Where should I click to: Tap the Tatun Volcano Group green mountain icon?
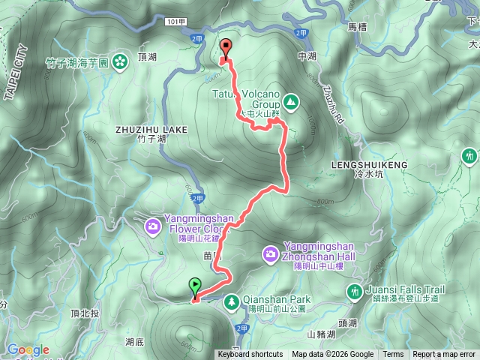click(289, 101)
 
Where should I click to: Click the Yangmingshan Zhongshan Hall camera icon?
click(270, 255)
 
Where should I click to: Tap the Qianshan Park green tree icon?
click(232, 301)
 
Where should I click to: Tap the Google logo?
click(28, 349)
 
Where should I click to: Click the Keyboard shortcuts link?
click(250, 355)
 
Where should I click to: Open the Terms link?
click(393, 355)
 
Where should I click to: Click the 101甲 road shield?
click(172, 22)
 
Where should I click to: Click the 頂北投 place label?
click(84, 313)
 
